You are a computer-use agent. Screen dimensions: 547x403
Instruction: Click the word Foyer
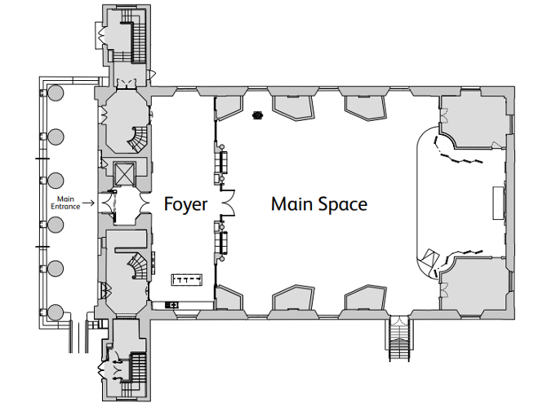(185, 204)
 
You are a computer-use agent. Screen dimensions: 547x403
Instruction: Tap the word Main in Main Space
(292, 204)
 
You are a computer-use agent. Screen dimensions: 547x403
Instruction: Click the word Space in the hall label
(343, 204)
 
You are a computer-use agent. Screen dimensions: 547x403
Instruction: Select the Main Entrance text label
(65, 203)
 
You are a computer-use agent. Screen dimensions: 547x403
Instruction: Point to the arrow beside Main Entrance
(89, 203)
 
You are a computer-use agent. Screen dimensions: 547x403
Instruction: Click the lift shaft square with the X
(124, 172)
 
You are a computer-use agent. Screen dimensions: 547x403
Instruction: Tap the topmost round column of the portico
(56, 92)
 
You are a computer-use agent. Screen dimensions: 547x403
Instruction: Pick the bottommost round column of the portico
(56, 312)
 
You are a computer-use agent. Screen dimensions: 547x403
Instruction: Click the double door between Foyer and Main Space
(228, 203)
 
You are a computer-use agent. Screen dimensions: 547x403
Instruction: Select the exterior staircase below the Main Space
(399, 338)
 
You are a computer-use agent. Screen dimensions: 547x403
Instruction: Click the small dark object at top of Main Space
(257, 115)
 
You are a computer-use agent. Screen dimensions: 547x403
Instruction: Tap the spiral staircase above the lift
(139, 139)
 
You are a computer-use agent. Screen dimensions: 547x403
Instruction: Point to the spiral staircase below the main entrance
(139, 266)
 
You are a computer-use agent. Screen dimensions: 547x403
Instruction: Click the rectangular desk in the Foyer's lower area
(187, 280)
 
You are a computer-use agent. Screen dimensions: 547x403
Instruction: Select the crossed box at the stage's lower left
(429, 259)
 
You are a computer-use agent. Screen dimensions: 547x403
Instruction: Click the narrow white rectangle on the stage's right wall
(498, 203)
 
